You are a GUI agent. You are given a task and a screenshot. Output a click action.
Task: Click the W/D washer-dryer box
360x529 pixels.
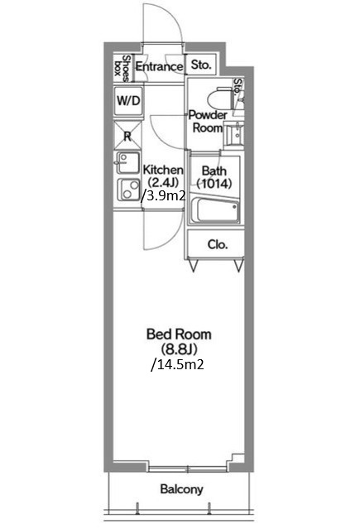(x=127, y=101)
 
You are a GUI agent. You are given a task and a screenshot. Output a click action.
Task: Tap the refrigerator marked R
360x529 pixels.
(x=127, y=135)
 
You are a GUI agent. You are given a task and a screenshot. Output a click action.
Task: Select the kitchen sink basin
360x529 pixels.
(x=127, y=162)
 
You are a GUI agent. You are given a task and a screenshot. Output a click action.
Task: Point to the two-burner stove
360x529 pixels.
(x=128, y=190)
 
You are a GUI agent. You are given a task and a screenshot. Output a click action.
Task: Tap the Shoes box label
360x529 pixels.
(x=122, y=68)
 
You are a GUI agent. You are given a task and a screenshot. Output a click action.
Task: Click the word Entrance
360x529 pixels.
(x=159, y=66)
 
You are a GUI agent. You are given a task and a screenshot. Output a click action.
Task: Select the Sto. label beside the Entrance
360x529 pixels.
(x=201, y=64)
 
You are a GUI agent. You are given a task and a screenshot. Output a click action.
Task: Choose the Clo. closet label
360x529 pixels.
(x=218, y=244)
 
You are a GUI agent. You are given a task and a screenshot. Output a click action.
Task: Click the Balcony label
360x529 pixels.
(x=181, y=489)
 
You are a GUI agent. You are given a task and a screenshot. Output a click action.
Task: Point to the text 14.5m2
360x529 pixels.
(x=179, y=364)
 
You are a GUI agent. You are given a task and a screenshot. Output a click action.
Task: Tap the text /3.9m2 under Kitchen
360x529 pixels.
(x=164, y=195)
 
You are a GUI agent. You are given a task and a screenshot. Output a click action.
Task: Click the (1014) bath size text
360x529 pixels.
(x=214, y=184)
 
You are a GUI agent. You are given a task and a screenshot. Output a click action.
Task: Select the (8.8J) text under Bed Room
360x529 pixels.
(x=179, y=349)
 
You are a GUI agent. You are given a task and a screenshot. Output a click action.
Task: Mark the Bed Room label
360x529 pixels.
(x=179, y=334)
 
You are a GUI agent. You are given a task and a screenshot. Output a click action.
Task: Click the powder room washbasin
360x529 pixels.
(x=233, y=135)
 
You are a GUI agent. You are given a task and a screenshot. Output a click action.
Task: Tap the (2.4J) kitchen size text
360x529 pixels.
(x=163, y=182)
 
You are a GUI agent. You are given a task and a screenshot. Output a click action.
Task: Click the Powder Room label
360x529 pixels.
(x=208, y=122)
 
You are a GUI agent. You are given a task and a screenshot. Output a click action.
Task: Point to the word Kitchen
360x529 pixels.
(x=163, y=170)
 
